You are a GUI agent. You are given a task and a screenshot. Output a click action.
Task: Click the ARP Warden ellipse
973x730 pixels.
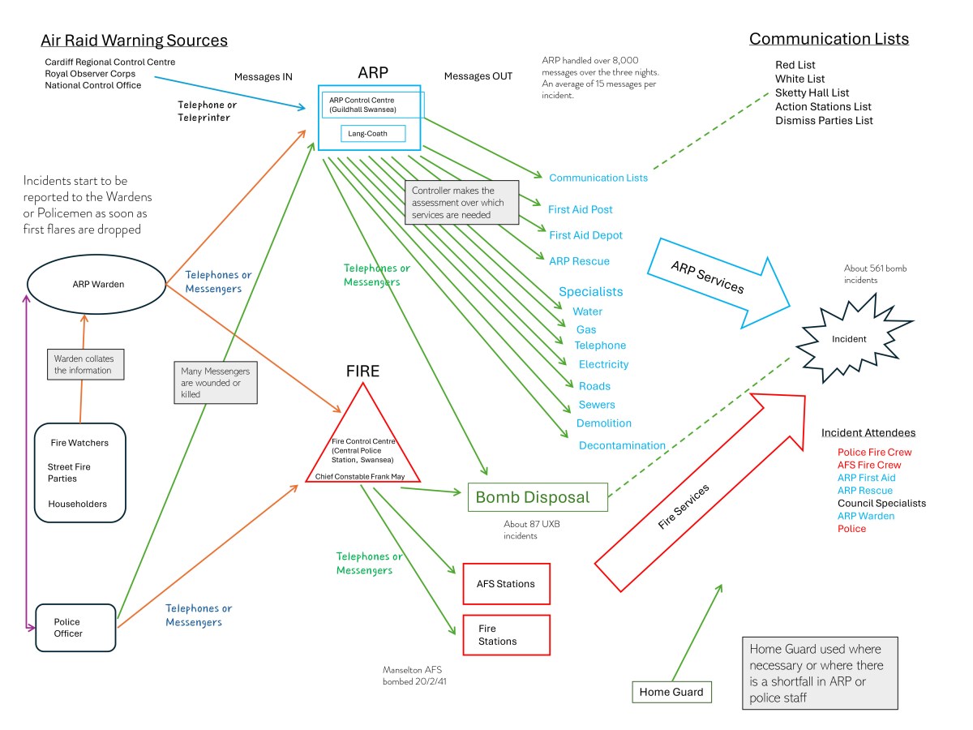pos(96,284)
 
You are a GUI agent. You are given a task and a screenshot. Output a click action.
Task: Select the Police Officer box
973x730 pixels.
pos(77,628)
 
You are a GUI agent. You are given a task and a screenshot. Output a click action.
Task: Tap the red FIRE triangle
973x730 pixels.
pos(362,443)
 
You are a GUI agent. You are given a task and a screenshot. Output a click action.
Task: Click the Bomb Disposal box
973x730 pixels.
pos(538,497)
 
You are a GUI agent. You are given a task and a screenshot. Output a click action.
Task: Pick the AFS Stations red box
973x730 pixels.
pos(507,583)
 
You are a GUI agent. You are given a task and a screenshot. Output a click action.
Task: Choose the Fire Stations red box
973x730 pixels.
pos(507,635)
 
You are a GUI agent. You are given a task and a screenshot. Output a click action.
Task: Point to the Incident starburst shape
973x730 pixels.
pos(848,338)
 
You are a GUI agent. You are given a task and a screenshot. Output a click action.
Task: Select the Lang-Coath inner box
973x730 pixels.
pos(372,133)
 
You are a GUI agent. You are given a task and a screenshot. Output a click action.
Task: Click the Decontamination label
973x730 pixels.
pos(622,445)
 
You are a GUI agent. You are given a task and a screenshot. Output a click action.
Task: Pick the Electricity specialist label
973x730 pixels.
pos(603,364)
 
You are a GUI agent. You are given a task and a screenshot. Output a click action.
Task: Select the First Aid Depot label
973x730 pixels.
pos(585,235)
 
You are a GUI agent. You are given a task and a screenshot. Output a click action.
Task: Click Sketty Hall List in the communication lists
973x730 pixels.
pos(812,92)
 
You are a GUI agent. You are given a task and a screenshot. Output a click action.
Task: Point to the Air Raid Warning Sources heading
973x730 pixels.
pos(135,41)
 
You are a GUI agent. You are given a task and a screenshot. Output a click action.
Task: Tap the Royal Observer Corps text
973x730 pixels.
pos(90,74)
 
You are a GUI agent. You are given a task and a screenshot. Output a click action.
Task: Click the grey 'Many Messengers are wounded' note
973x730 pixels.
pos(215,383)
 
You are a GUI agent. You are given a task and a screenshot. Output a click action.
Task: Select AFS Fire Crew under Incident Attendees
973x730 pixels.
pos(869,465)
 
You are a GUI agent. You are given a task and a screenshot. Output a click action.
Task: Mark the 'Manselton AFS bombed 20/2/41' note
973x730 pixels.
pos(415,676)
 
